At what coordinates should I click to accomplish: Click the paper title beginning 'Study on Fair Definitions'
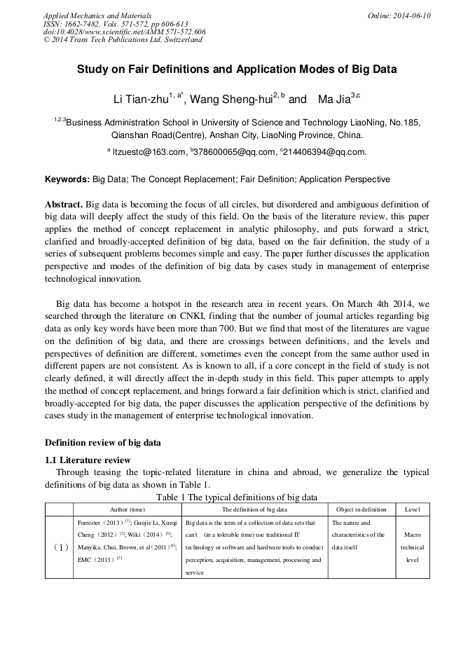tap(237, 70)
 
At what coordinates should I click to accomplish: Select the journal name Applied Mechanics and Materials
tap(98, 15)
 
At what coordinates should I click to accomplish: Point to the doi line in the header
tap(124, 32)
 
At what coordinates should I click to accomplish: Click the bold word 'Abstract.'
tap(64, 203)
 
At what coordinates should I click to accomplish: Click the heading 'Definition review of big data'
tap(103, 443)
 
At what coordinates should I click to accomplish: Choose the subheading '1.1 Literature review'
tap(88, 460)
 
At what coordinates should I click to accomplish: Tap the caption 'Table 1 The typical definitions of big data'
tap(237, 497)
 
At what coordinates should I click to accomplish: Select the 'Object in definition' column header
tap(361, 509)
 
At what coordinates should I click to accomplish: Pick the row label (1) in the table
tap(59, 547)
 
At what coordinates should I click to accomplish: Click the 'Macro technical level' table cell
tap(412, 547)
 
